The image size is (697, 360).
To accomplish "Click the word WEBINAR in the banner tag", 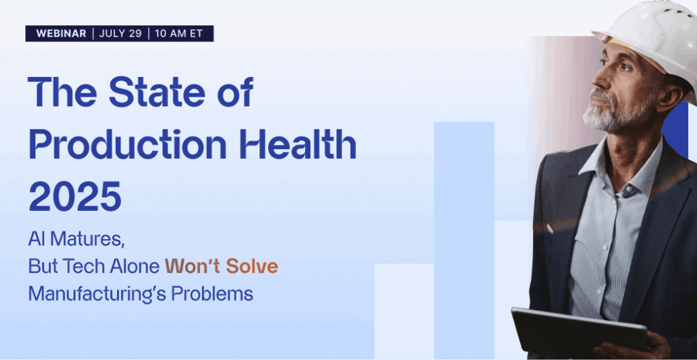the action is click(61, 34).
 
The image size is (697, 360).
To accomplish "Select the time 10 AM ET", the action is click(179, 34).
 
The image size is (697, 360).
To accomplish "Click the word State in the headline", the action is click(157, 92).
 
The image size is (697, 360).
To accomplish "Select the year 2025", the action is click(75, 196).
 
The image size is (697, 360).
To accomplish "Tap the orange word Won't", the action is click(192, 266).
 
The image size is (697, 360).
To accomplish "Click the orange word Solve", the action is click(252, 266).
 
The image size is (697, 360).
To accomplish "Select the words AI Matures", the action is click(76, 240).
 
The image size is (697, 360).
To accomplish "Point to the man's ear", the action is click(672, 95).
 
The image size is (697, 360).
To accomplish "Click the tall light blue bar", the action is click(464, 240).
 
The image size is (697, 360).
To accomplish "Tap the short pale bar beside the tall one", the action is click(404, 311).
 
